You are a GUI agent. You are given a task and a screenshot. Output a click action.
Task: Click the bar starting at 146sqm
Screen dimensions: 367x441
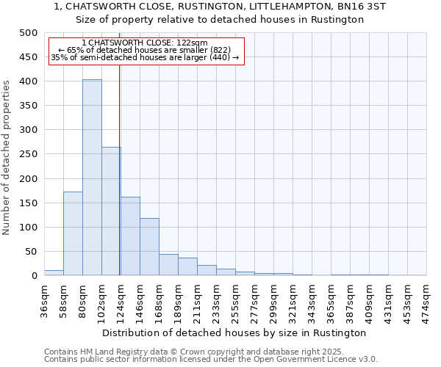click(149, 247)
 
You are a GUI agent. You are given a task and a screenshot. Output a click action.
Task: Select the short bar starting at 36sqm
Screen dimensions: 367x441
click(54, 272)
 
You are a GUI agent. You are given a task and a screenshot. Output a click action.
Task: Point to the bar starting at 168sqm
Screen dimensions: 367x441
click(168, 265)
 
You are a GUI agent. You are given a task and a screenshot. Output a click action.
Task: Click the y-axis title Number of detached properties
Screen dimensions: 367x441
click(7, 154)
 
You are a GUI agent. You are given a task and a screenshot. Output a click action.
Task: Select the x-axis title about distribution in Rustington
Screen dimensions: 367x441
click(235, 333)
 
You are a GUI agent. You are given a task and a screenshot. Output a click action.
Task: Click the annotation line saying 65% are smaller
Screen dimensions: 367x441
click(146, 50)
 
